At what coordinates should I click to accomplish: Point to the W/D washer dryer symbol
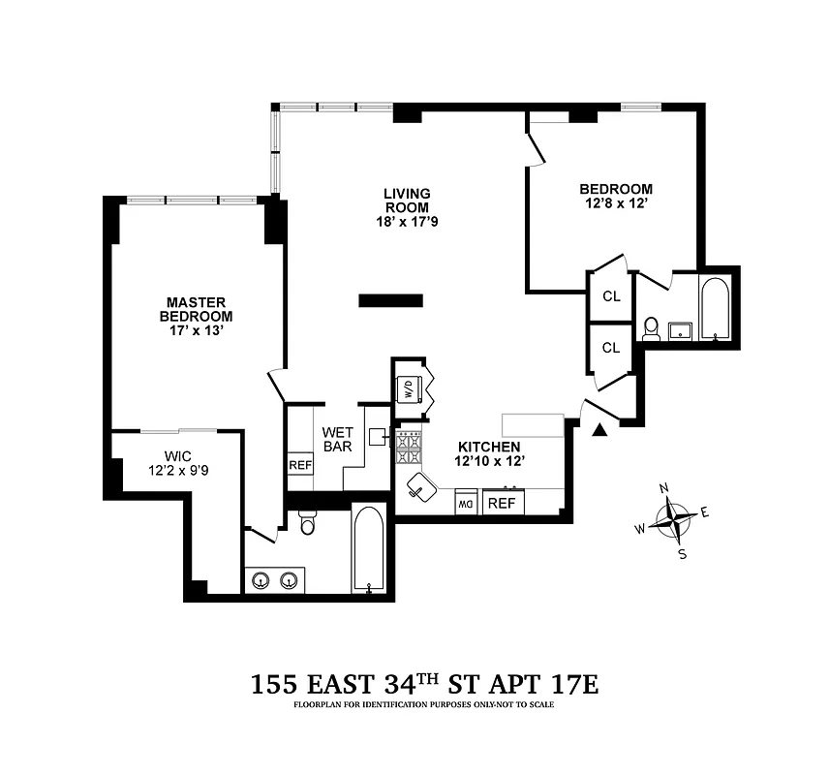[408, 389]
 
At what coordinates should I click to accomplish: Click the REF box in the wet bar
[300, 465]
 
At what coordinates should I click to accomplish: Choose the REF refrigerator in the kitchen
[502, 504]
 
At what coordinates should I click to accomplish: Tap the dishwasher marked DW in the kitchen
[466, 504]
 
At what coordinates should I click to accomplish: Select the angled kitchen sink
[421, 485]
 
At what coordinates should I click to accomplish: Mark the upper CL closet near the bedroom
[611, 297]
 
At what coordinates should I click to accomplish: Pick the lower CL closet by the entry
[611, 347]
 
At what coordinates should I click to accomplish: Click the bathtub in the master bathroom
[369, 548]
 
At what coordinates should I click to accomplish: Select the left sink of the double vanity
[260, 580]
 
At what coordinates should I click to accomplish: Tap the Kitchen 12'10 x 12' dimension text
[482, 460]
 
